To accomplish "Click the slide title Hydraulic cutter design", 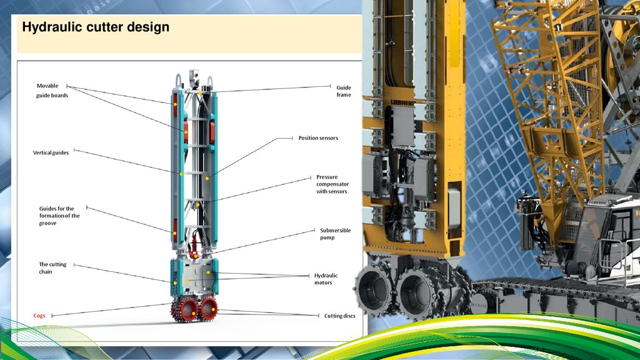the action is (x=96, y=27).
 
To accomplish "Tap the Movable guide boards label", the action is (x=52, y=90).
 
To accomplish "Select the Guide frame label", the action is (x=343, y=91).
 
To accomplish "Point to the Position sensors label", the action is (x=318, y=137).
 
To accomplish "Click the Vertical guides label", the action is (x=51, y=152).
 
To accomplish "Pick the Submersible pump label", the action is (x=335, y=234).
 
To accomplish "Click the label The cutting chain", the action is (x=53, y=267).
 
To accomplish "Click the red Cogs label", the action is (x=39, y=316).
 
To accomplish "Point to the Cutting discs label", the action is (x=339, y=316).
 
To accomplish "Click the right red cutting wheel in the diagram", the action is (x=208, y=307).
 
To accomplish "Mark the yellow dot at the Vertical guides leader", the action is (x=181, y=174).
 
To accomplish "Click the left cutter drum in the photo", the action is (x=374, y=291).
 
